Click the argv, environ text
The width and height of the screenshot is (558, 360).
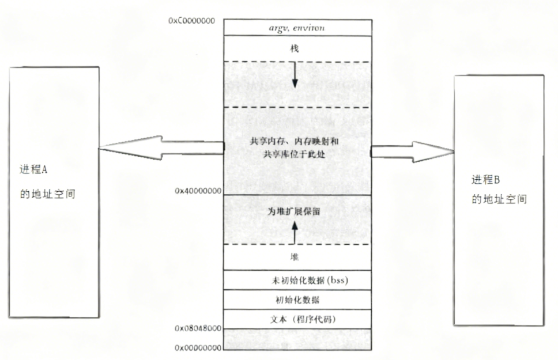click(297, 28)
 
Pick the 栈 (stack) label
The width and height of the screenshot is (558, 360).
click(294, 50)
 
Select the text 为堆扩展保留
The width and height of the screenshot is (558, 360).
click(295, 211)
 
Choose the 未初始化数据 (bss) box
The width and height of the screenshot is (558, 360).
click(297, 280)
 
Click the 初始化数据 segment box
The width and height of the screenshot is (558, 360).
click(297, 300)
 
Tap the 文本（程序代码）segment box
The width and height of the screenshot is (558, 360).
click(297, 319)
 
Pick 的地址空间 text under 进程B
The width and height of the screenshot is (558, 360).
click(499, 200)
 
